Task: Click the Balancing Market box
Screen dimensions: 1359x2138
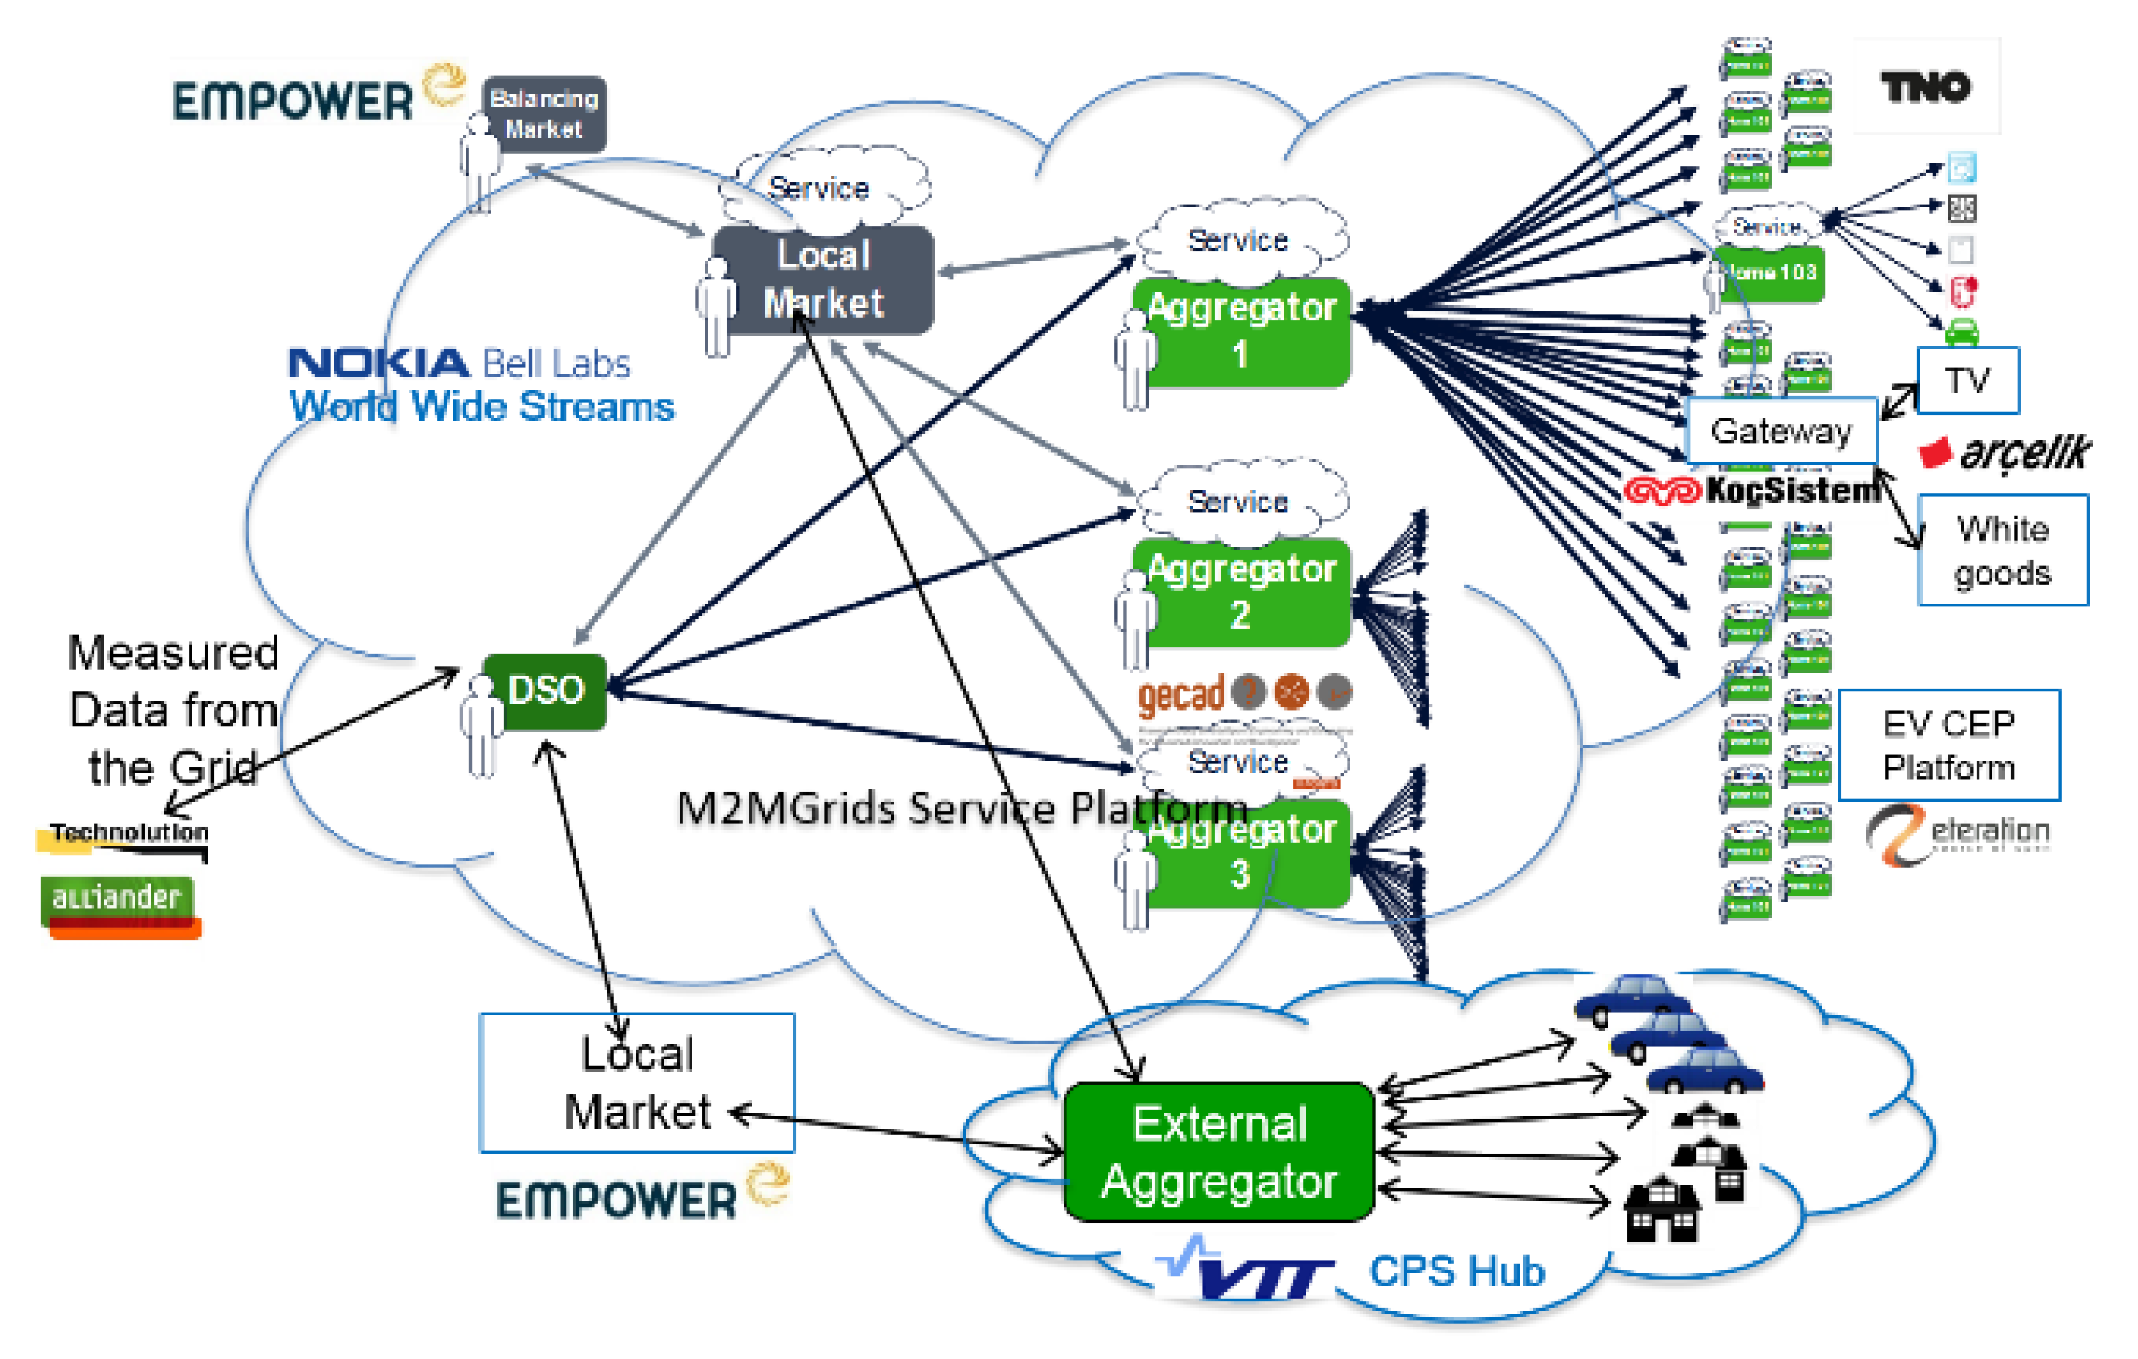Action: coord(544,114)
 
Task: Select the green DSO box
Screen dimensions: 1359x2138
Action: coord(545,691)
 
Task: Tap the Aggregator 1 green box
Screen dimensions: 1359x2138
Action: coord(1242,331)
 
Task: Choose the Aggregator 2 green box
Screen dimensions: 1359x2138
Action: coord(1242,592)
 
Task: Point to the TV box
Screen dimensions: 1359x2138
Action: coord(1966,381)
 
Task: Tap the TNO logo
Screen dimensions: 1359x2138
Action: coord(1925,87)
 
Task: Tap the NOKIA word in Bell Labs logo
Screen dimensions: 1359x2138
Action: coord(378,363)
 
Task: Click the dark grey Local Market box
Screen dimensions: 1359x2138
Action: coord(823,279)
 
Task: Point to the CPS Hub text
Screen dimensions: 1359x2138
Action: coord(1456,1270)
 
